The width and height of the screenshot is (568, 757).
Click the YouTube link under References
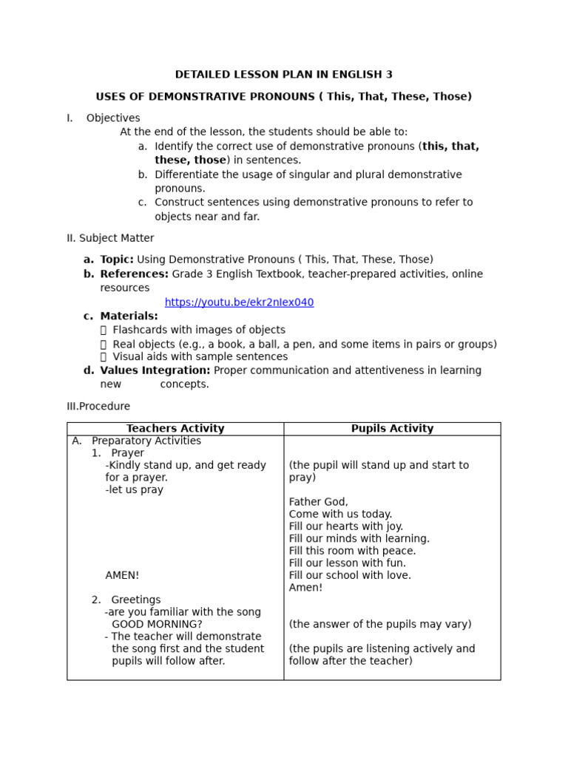(239, 302)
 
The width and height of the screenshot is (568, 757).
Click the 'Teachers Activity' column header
(175, 429)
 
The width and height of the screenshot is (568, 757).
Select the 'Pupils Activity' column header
(392, 429)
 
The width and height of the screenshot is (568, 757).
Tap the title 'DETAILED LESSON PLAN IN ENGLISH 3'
(283, 75)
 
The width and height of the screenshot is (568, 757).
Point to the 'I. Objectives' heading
(104, 118)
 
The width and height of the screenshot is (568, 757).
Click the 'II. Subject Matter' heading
(110, 238)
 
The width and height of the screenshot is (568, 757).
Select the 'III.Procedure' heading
(98, 407)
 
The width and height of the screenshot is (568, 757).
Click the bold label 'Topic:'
(117, 259)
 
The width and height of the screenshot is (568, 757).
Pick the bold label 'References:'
(134, 274)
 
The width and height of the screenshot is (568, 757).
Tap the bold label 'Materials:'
(129, 316)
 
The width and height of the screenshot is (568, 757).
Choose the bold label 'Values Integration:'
(155, 370)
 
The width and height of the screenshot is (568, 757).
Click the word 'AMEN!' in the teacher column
(122, 575)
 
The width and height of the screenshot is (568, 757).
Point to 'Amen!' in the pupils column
(305, 588)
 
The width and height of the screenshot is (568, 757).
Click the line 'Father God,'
(318, 502)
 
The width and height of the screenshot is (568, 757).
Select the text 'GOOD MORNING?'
(157, 625)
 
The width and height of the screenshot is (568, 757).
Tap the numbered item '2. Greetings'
(126, 600)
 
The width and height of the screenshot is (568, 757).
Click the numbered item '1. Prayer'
(118, 453)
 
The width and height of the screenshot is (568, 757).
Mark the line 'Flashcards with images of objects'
(198, 330)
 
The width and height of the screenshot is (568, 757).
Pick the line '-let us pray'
(135, 490)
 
